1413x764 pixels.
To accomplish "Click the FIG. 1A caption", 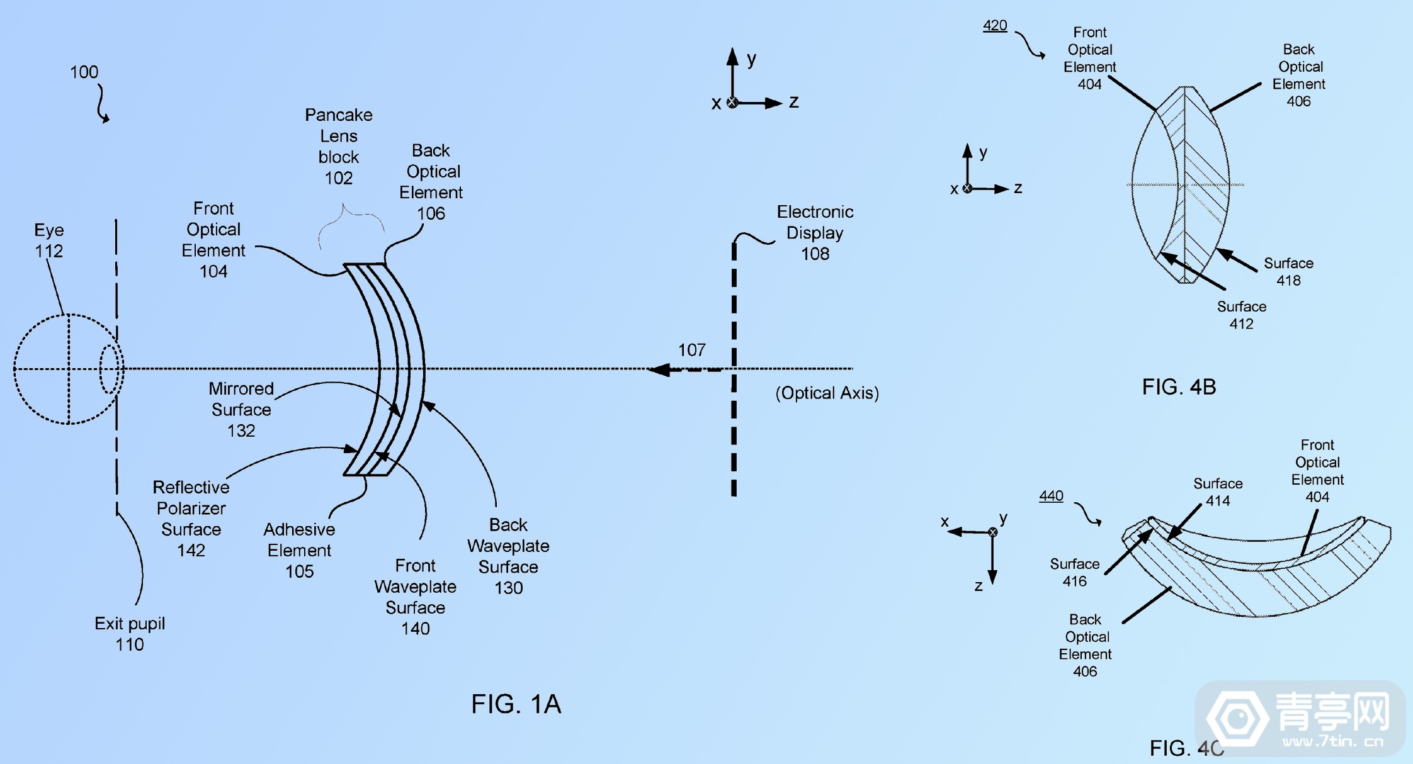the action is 516,704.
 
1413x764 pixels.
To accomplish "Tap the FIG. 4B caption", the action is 1179,386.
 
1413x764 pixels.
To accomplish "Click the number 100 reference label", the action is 84,72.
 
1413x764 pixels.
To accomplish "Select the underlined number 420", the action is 995,25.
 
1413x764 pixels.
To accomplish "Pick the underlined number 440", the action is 1051,496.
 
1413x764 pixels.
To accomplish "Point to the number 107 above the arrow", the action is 691,350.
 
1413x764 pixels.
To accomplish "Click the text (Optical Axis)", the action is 827,393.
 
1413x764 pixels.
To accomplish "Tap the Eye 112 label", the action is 48,240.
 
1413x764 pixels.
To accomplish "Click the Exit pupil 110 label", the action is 130,634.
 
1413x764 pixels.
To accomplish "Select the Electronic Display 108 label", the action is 815,232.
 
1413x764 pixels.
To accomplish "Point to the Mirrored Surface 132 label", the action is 241,409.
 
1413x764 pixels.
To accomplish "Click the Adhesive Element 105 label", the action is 299,550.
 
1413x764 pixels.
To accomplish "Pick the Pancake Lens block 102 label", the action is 338,146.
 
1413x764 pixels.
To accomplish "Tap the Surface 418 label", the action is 1288,271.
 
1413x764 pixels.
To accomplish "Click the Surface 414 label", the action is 1218,492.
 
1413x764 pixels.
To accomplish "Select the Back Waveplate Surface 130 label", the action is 508,556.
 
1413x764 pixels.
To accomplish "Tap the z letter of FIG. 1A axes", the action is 793,101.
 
